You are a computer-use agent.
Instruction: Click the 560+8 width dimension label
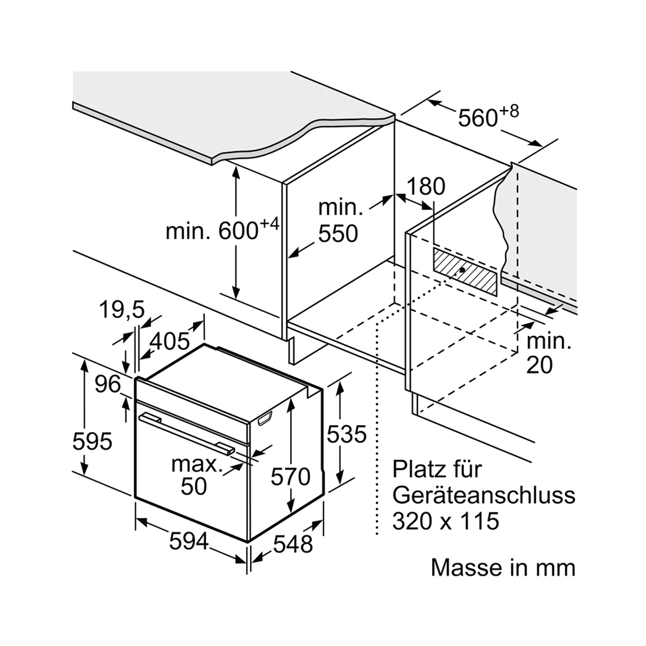488,116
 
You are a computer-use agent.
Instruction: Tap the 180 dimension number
426,186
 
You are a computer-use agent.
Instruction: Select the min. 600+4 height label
222,228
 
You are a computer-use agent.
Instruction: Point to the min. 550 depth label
340,220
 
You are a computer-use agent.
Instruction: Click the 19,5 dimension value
121,309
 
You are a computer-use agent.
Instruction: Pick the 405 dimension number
169,341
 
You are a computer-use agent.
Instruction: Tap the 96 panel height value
108,384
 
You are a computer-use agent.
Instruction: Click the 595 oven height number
92,441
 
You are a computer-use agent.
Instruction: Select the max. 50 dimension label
196,475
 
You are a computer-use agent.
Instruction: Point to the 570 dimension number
291,477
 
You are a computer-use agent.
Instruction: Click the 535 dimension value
346,434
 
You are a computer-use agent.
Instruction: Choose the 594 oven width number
189,541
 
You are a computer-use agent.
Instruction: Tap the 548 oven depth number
293,544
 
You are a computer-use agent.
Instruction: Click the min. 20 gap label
548,353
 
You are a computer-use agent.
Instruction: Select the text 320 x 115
446,521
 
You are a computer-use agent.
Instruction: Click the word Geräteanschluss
484,496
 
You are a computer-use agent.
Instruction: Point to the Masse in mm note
503,568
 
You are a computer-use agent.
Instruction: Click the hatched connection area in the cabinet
464,272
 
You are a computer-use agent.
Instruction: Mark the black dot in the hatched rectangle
463,270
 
